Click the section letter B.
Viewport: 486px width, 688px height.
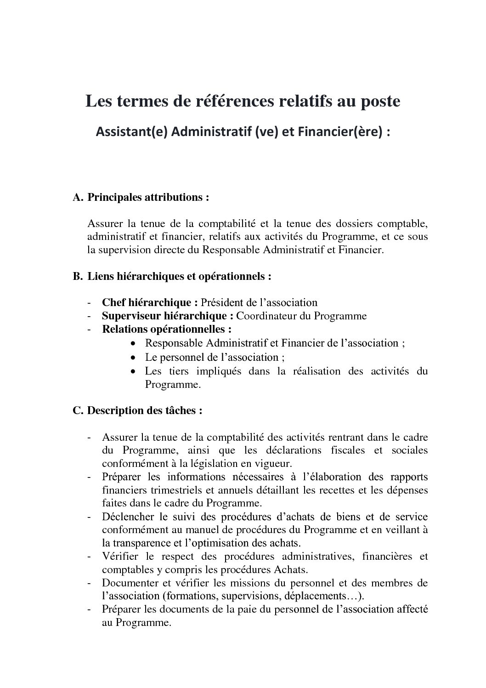click(x=77, y=277)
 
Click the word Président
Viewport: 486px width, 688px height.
click(x=223, y=302)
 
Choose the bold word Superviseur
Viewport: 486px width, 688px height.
click(x=131, y=316)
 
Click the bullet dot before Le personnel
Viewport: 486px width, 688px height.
click(x=133, y=358)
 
